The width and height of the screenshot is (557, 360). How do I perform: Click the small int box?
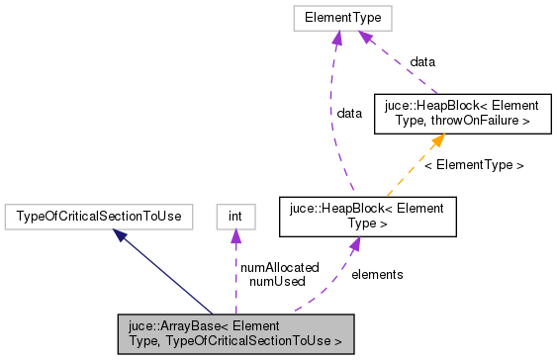tap(235, 215)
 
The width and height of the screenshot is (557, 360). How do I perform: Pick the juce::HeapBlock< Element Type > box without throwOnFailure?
tap(368, 215)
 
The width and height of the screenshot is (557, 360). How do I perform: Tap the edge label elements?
tap(377, 274)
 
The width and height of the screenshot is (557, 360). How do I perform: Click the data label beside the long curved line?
tap(349, 113)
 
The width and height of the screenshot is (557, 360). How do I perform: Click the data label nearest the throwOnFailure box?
tap(422, 61)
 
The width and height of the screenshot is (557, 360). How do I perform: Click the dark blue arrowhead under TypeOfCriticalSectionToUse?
tap(121, 235)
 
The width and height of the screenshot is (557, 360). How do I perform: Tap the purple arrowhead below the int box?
tap(235, 235)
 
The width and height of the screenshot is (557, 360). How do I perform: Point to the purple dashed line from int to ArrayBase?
tap(235, 287)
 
